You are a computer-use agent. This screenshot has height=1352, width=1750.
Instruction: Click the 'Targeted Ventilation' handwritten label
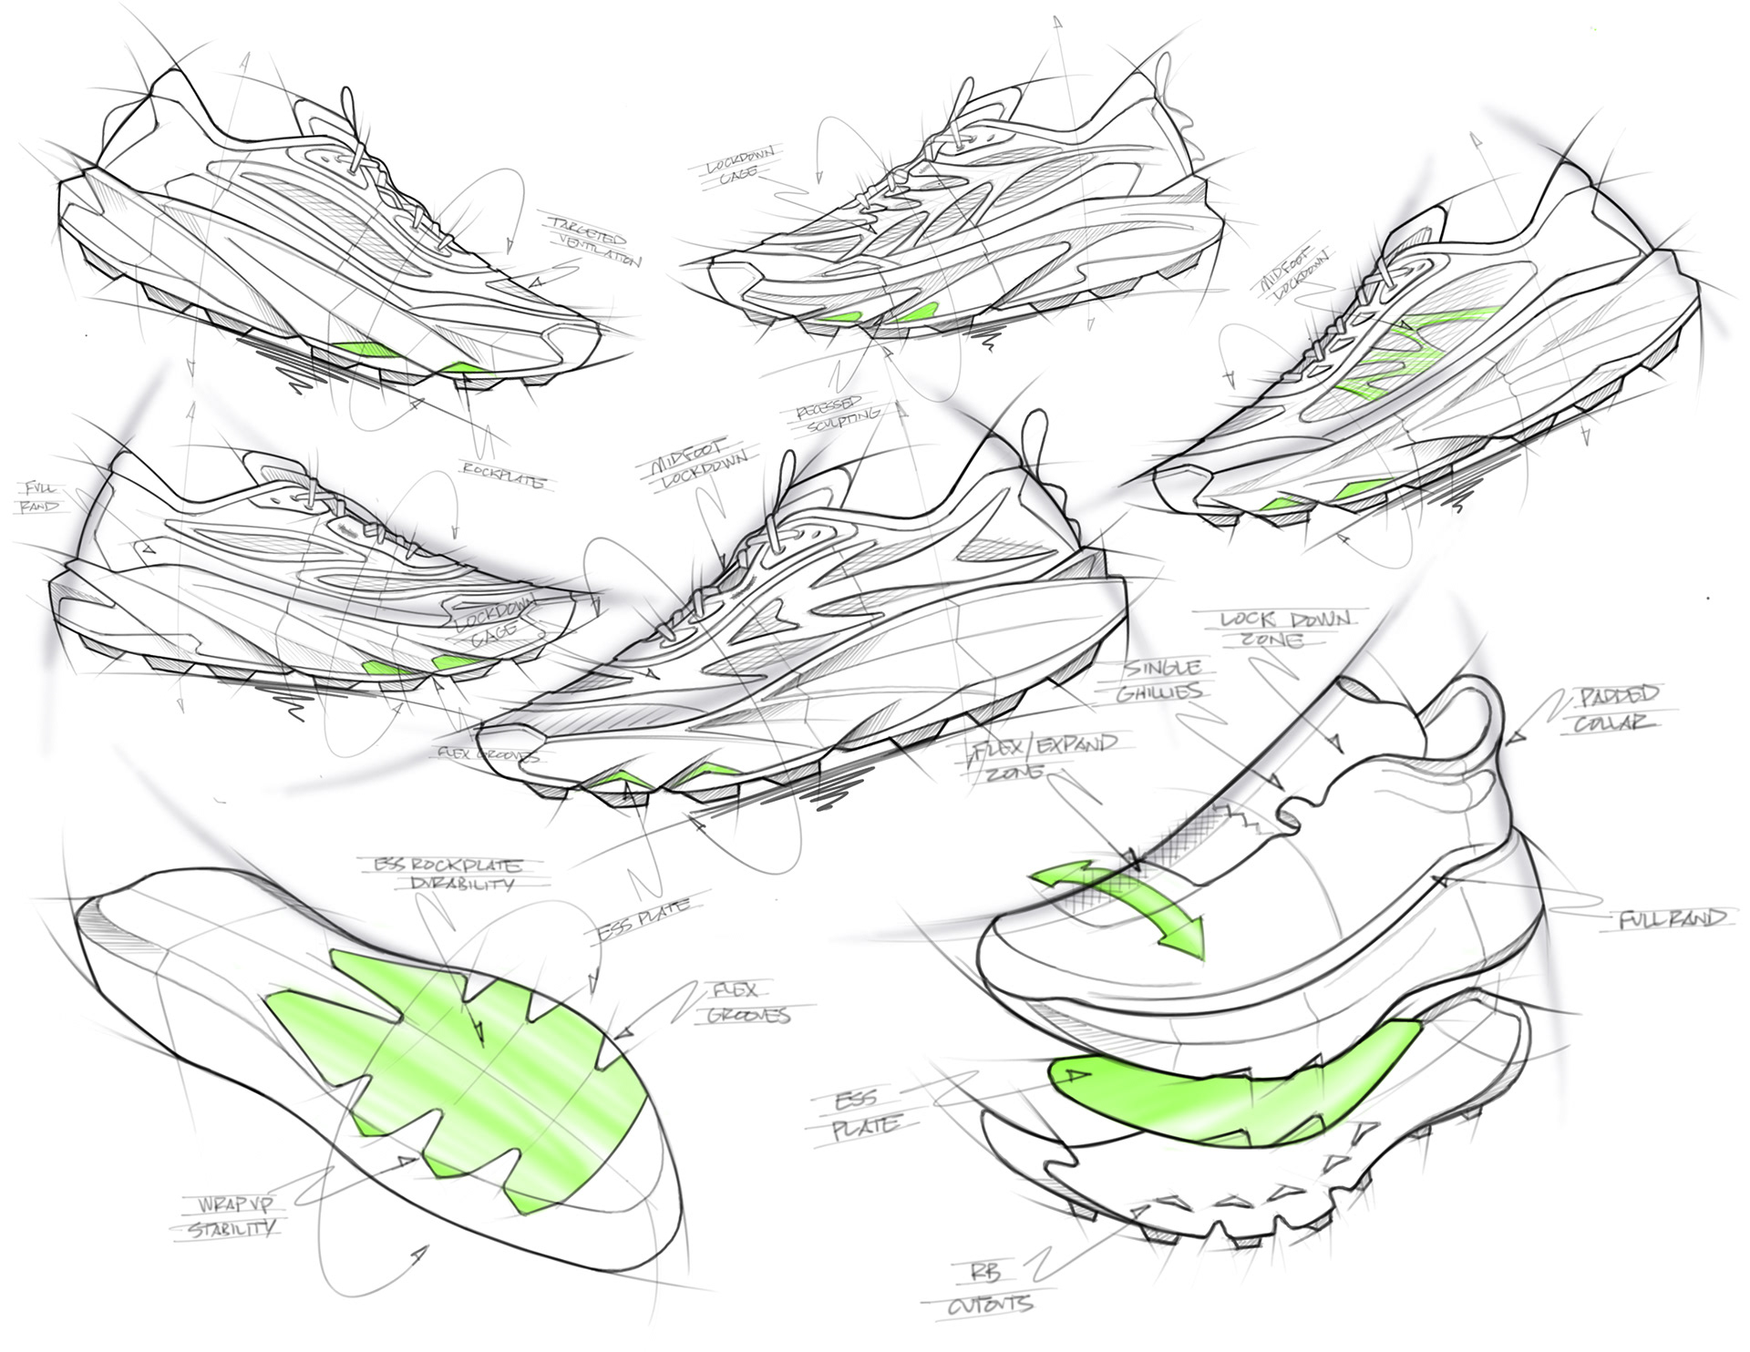595,239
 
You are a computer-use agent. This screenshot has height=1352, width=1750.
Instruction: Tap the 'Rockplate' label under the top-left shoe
502,476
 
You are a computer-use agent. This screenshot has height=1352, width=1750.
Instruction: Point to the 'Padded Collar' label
1618,710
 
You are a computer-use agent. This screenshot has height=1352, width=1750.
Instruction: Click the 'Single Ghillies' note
1159,681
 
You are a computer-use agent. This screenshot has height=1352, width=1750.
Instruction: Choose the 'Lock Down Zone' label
1284,629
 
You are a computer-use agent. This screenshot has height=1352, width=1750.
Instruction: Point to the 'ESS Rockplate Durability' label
447,874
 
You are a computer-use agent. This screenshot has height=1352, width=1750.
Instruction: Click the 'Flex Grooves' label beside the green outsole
747,1002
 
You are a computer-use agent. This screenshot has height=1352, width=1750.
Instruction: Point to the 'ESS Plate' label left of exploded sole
861,1113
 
